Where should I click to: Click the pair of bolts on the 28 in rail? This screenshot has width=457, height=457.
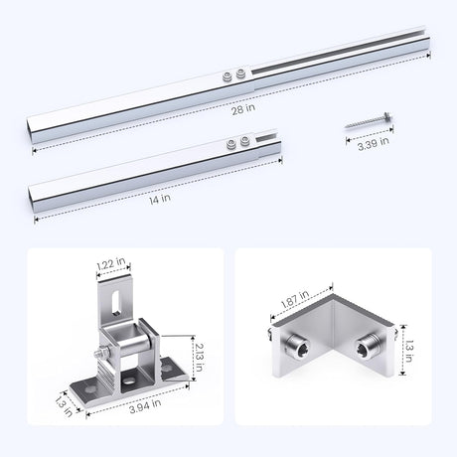coord(235,76)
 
